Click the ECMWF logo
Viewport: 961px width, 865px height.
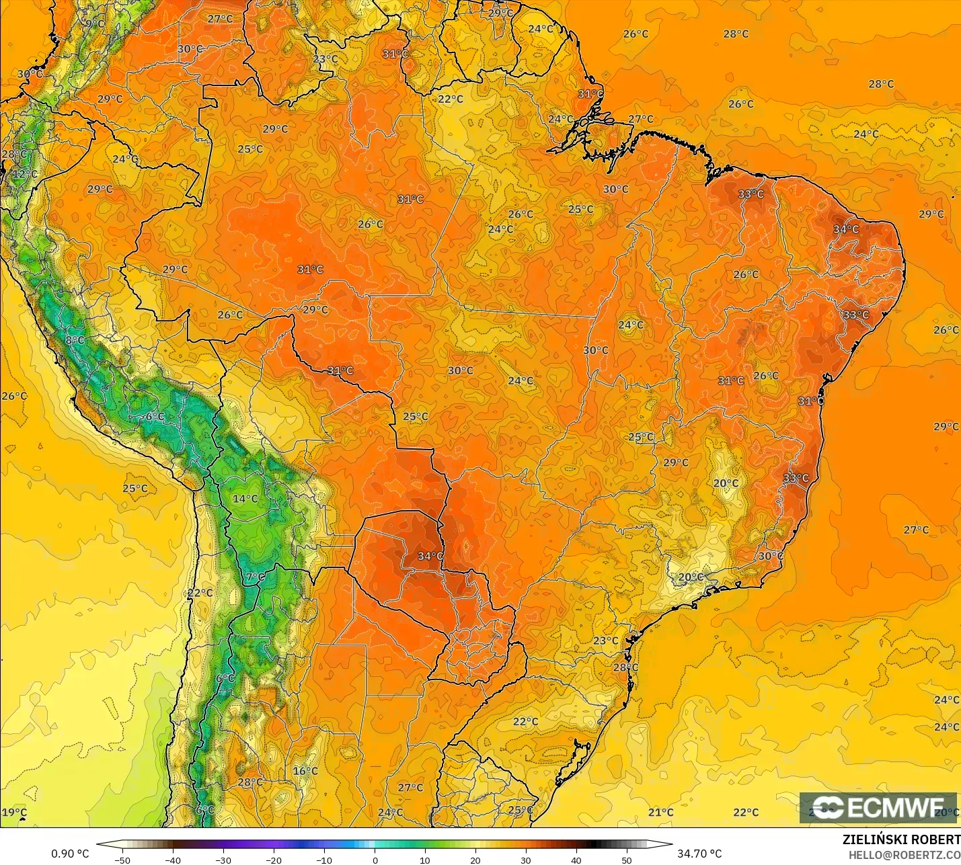[x=878, y=807]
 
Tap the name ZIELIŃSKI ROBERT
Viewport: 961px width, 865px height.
[x=901, y=839]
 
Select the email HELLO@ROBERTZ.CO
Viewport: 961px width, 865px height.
[x=904, y=855]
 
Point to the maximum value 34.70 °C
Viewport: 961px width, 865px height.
[x=699, y=854]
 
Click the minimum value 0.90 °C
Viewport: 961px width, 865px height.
[x=70, y=854]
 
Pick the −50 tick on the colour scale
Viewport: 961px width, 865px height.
[x=122, y=860]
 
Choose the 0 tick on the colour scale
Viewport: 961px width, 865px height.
[x=375, y=860]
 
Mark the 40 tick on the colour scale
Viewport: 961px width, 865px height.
[x=576, y=860]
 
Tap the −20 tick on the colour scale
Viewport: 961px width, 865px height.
[x=274, y=860]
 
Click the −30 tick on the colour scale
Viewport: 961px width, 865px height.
[x=223, y=860]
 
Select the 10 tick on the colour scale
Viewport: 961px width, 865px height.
[x=425, y=860]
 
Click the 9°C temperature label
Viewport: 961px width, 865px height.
[x=95, y=24]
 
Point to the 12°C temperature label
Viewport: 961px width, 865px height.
[x=25, y=174]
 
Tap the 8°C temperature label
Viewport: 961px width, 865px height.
[x=75, y=340]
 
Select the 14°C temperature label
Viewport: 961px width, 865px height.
[x=245, y=499]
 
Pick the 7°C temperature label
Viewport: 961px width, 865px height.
[x=256, y=577]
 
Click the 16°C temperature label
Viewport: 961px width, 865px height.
[x=305, y=771]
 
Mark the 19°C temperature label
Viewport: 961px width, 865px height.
[x=14, y=813]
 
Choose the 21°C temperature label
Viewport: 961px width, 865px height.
[x=661, y=813]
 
